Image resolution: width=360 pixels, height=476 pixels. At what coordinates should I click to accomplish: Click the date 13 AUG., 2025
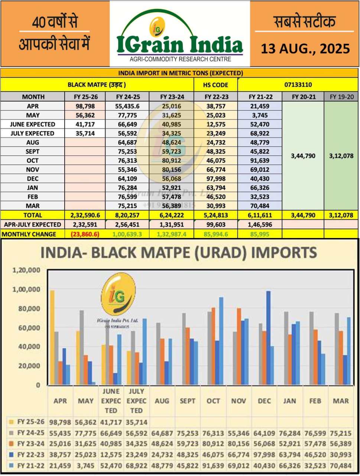305,49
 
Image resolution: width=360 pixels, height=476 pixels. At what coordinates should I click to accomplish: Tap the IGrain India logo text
179,44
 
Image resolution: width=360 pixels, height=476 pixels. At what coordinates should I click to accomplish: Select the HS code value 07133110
298,85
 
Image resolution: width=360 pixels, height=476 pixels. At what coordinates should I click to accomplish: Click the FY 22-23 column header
215,97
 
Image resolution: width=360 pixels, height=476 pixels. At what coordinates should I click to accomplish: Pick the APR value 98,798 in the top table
85,106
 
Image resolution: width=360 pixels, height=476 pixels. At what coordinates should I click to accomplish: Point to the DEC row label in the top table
33,178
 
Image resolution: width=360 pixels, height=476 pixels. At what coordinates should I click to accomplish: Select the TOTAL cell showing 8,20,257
127,215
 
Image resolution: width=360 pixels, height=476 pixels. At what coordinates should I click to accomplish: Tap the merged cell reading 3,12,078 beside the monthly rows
341,156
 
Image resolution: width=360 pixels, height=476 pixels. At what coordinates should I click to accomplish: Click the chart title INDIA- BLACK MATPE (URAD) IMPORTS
178,253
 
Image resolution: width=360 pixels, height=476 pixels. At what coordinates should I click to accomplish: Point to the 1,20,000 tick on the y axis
26,270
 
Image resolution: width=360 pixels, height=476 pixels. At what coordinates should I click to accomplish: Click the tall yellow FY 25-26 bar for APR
52,337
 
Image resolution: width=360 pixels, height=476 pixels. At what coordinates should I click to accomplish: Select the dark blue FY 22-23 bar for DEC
268,337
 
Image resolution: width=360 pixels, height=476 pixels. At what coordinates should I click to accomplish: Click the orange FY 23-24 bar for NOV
239,346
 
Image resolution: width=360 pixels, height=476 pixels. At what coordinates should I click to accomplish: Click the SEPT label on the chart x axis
187,401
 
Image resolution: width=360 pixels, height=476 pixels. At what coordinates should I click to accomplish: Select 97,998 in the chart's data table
264,455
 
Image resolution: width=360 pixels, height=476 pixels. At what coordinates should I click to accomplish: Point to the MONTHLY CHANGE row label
29,234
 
